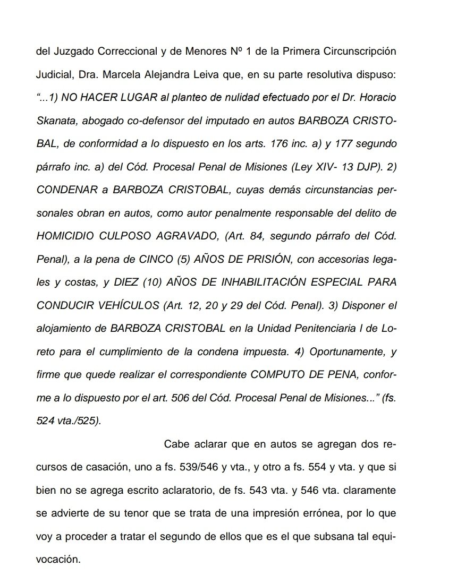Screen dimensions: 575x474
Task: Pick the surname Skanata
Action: (58, 122)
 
